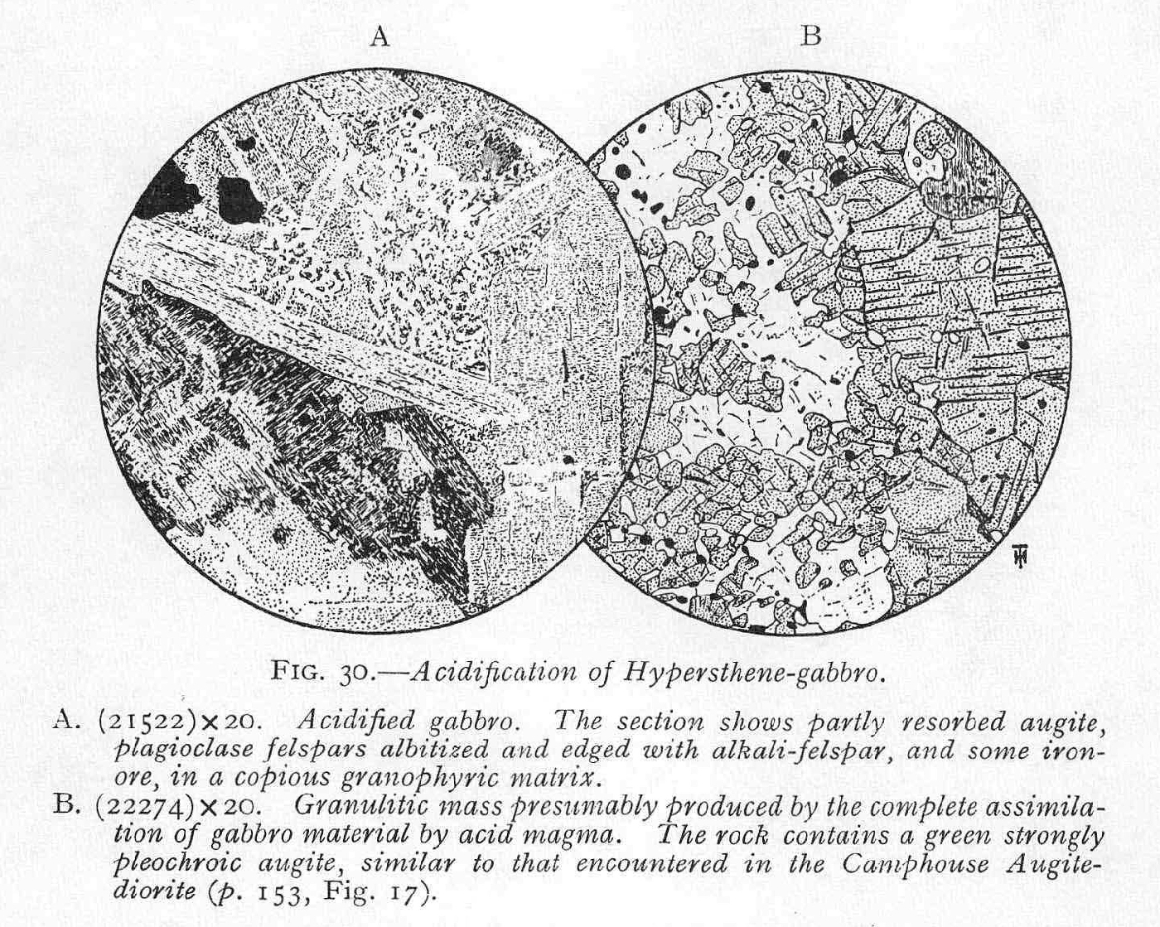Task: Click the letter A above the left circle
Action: click(x=380, y=37)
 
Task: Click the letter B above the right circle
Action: click(x=811, y=36)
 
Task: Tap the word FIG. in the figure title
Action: click(x=295, y=671)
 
